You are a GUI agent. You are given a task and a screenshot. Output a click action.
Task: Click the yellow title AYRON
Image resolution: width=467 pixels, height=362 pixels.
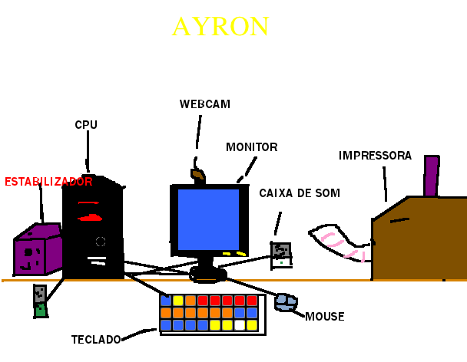tap(220, 27)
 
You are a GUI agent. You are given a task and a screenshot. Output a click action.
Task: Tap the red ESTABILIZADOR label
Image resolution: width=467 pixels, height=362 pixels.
tap(48, 182)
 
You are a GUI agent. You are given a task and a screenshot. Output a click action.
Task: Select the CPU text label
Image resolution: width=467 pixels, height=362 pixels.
tap(86, 124)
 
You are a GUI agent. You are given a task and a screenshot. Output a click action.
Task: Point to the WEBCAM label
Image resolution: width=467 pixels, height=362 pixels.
tap(205, 104)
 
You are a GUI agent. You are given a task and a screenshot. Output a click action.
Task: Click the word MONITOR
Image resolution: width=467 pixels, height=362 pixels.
tap(252, 146)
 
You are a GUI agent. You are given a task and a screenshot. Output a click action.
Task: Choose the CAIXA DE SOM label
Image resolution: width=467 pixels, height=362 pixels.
tap(300, 193)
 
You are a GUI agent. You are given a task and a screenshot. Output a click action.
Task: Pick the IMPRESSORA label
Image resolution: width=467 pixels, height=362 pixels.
tap(375, 156)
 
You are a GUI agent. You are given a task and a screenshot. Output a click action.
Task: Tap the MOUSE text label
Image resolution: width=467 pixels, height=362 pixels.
tap(324, 316)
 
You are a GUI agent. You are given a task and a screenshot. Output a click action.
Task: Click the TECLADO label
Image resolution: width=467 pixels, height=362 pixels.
tap(96, 339)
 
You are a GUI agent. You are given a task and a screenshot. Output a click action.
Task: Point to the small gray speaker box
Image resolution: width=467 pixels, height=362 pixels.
tap(281, 254)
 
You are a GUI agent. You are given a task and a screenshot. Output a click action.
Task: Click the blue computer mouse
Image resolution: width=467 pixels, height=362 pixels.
tap(286, 302)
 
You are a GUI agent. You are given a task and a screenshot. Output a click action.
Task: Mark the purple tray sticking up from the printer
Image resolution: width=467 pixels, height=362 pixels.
tap(431, 176)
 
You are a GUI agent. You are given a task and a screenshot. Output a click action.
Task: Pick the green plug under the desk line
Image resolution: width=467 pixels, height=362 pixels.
tap(41, 310)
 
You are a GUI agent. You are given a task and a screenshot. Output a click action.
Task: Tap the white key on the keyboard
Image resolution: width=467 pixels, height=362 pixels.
tap(240, 325)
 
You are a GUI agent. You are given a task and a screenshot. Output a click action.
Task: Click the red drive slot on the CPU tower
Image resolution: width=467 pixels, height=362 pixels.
tap(91, 217)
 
